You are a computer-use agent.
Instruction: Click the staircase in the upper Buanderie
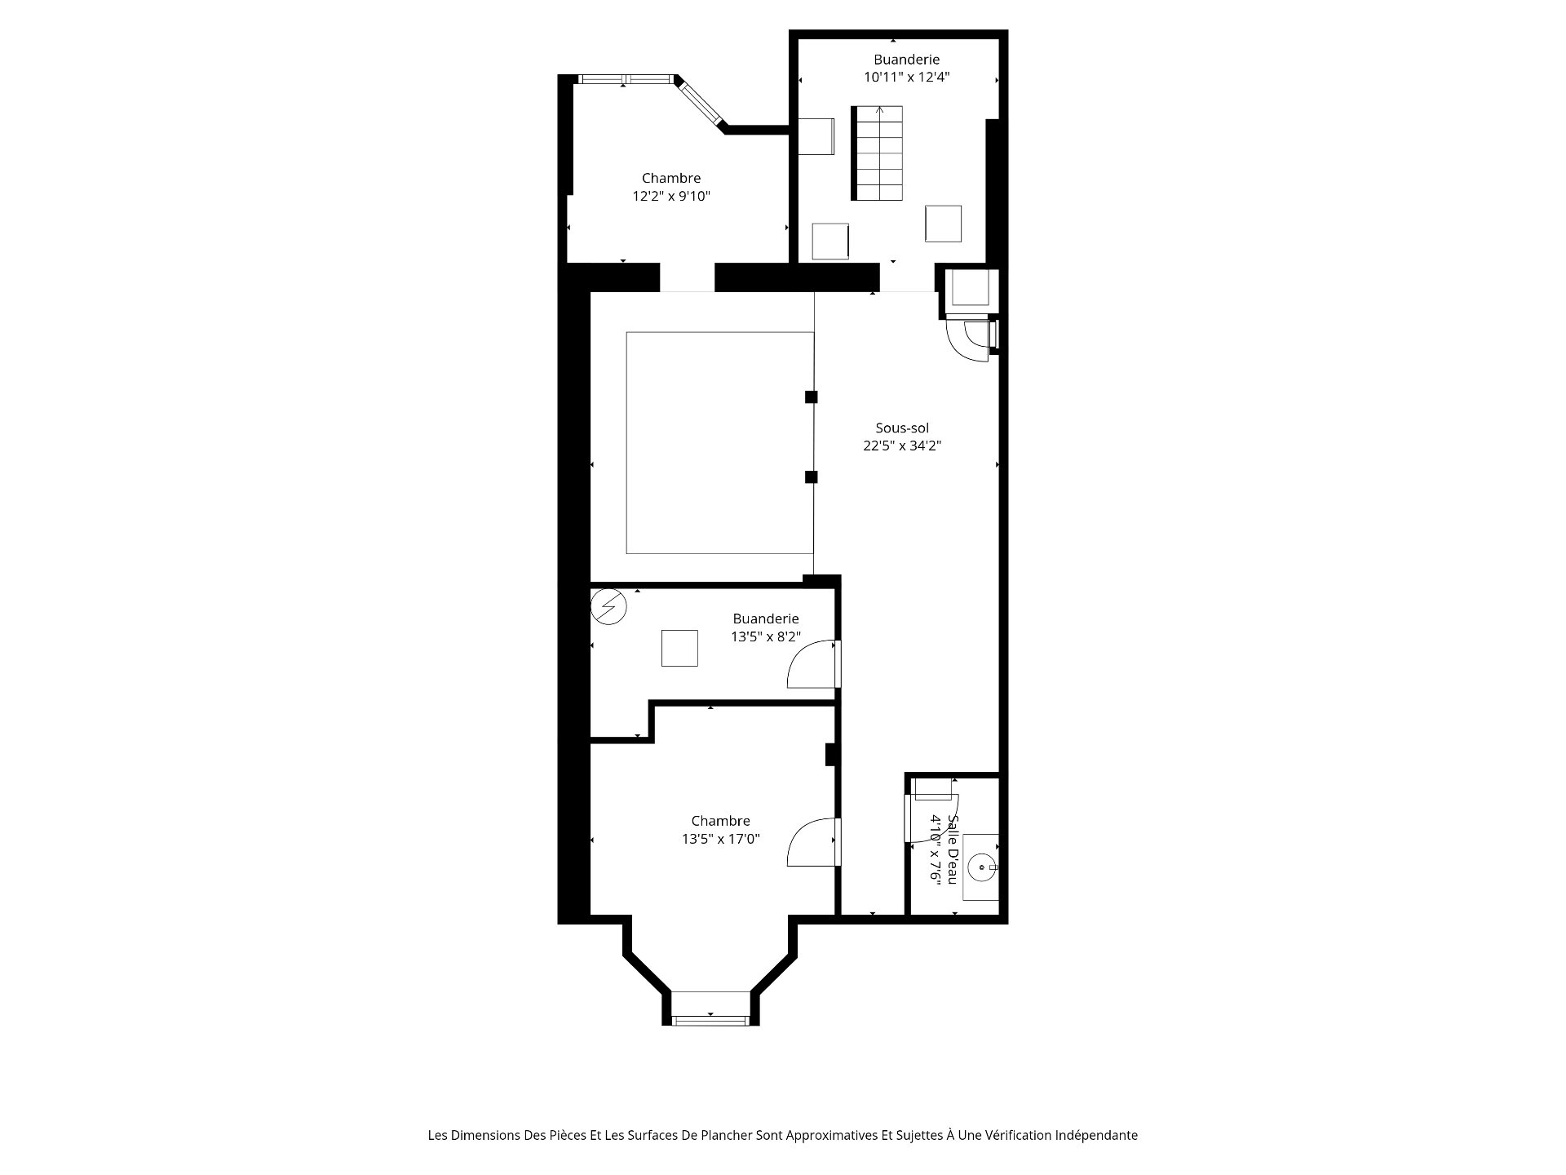pos(878,153)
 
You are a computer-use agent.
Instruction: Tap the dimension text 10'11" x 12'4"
pos(907,78)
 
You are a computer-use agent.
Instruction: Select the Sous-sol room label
pos(902,428)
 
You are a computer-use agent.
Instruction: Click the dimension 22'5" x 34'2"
pos(902,446)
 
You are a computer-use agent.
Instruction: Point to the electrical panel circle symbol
pos(608,606)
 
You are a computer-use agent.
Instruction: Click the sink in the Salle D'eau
pos(981,867)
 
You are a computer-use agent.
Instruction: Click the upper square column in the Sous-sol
pos(811,397)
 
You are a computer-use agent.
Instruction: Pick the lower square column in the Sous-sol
pos(811,477)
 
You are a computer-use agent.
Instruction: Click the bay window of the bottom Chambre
pos(710,1019)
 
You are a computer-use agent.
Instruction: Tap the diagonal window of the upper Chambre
pos(701,104)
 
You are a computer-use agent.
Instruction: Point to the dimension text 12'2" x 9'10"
pos(671,196)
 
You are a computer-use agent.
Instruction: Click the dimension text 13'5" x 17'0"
pos(721,839)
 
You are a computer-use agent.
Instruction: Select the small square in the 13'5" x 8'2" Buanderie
pos(679,648)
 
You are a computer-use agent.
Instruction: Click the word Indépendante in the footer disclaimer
pos(1096,1135)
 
